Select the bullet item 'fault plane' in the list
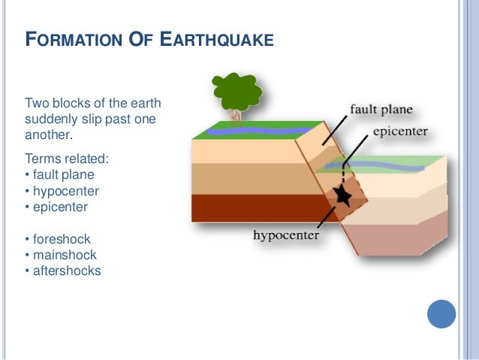(63, 175)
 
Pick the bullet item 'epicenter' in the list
(60, 206)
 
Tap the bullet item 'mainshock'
(65, 255)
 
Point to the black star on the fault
(342, 195)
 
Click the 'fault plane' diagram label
(381, 110)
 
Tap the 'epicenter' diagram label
(400, 132)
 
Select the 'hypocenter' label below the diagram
(286, 235)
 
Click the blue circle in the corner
(441, 314)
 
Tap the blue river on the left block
(248, 132)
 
